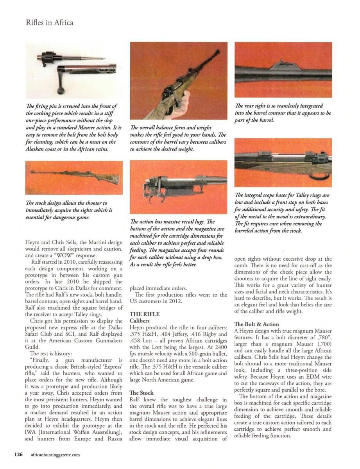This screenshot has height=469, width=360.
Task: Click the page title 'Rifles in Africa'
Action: click(x=49, y=22)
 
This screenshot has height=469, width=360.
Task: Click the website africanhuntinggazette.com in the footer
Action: click(x=55, y=455)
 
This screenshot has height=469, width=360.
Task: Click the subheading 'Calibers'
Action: click(x=140, y=320)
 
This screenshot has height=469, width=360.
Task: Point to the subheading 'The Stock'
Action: click(x=141, y=392)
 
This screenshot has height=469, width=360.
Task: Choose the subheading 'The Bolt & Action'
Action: click(x=256, y=324)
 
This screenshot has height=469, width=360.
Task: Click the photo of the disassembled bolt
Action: click(x=74, y=71)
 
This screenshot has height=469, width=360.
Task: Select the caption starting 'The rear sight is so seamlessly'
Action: click(x=283, y=113)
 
